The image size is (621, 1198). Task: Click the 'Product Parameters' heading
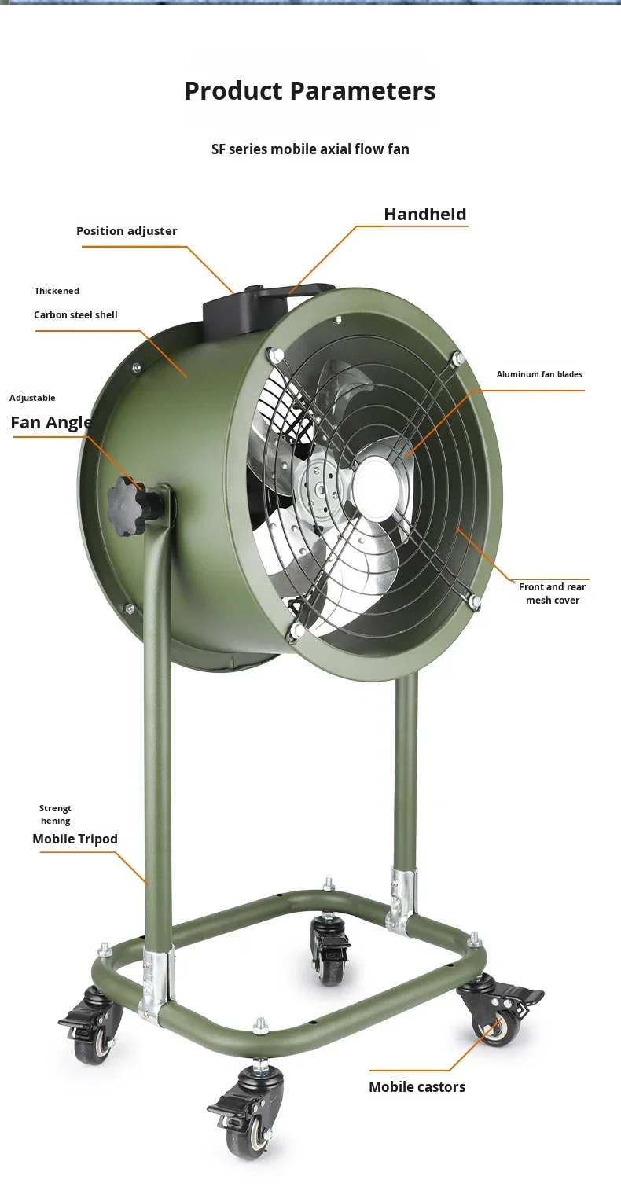pyautogui.click(x=310, y=91)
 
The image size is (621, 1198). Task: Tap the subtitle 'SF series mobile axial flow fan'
pyautogui.click(x=310, y=149)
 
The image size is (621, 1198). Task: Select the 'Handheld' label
pyautogui.click(x=425, y=214)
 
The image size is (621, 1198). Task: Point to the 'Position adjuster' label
pyautogui.click(x=127, y=231)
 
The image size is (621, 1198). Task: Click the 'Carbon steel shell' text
pyautogui.click(x=75, y=315)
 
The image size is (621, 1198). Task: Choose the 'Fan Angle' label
pyautogui.click(x=51, y=423)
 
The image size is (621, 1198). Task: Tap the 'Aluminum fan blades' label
pyautogui.click(x=539, y=374)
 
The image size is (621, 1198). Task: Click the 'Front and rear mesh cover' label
pyautogui.click(x=552, y=593)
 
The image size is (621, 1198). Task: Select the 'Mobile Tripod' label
pyautogui.click(x=75, y=839)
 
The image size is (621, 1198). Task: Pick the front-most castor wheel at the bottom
pyautogui.click(x=245, y=1134)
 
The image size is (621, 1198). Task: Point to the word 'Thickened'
pyautogui.click(x=57, y=291)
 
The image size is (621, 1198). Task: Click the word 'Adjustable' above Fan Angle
pyautogui.click(x=32, y=398)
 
